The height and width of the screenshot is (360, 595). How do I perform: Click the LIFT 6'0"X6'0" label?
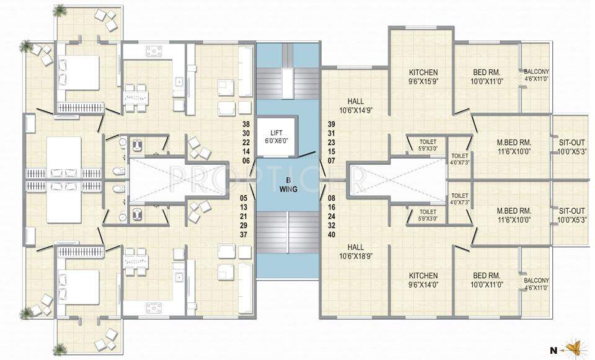pos(276,137)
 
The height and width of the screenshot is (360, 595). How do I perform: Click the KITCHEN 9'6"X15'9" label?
pos(423,76)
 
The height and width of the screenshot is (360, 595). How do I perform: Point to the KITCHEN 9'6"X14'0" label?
pos(423,280)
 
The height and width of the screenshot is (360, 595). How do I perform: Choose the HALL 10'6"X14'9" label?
pos(356,106)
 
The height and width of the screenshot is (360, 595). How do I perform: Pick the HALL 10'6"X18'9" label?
pos(356,250)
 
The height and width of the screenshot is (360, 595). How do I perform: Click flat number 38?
pos(246,124)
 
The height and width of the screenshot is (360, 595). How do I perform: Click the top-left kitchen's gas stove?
pos(154,51)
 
